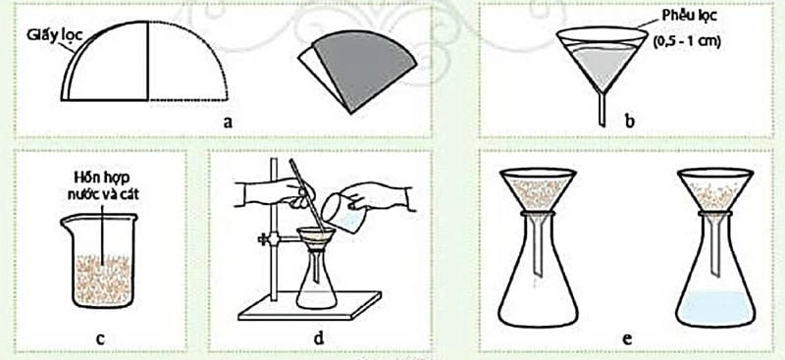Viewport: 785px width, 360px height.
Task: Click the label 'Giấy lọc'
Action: coord(54,36)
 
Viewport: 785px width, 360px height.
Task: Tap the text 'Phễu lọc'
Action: coord(689,16)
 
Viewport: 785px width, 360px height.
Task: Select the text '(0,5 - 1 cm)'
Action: coord(687,42)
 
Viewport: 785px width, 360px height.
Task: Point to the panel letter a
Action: coord(228,122)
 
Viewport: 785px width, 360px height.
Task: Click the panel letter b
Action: coord(629,121)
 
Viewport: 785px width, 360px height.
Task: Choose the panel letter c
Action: coord(100,338)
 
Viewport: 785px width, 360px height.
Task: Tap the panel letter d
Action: coord(318,337)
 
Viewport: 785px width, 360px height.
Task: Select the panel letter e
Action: coord(626,338)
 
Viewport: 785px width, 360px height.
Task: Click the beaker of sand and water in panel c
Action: coord(99,260)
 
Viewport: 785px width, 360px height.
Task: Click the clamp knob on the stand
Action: coord(263,240)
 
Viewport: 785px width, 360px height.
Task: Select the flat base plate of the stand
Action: coord(309,305)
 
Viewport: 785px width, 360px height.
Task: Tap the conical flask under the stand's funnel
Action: coord(316,280)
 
